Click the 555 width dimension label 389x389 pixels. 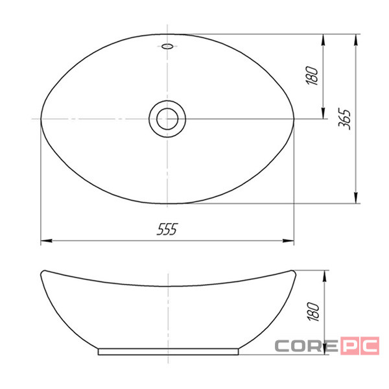(x=167, y=229)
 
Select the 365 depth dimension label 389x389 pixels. (x=345, y=119)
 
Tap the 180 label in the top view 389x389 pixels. (x=312, y=75)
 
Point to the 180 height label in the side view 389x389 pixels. (x=313, y=312)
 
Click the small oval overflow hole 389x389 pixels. (x=167, y=46)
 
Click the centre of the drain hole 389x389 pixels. (x=167, y=119)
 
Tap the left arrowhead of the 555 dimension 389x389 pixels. (x=47, y=241)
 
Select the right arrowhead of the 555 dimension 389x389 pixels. (x=289, y=241)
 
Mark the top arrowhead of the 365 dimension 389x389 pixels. (x=356, y=40)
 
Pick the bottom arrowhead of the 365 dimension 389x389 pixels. (x=356, y=198)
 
